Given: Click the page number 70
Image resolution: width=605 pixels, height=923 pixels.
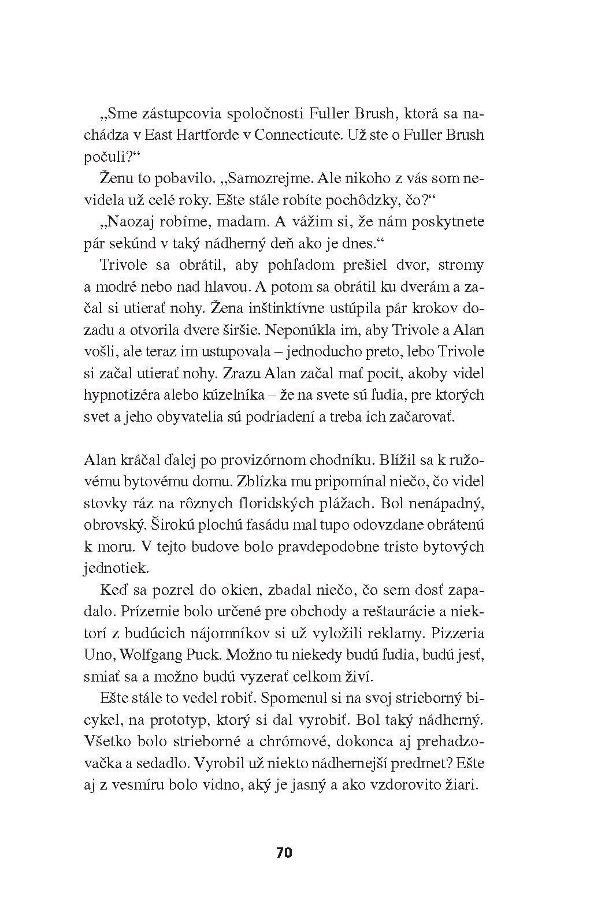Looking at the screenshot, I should pyautogui.click(x=284, y=853).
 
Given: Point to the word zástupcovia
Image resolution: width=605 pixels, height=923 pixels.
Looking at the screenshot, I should pyautogui.click(x=173, y=114).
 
